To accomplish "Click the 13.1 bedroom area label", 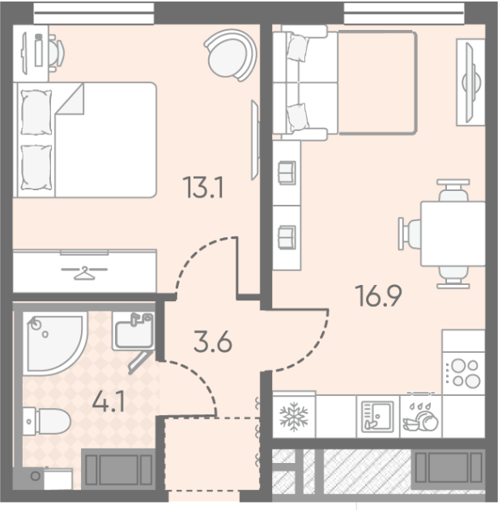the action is [203, 187].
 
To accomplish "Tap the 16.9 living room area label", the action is [378, 295].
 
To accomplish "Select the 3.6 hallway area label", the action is [213, 342].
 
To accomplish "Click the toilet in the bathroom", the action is [46, 421].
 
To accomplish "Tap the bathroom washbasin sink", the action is [134, 331].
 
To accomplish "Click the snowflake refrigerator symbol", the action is [294, 417].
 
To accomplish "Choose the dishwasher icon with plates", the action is [421, 417].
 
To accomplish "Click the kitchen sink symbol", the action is [377, 417].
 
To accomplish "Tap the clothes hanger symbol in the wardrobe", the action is [84, 273].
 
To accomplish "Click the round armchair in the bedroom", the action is [231, 55].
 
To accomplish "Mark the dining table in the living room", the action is [453, 233].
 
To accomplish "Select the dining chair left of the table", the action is [410, 234].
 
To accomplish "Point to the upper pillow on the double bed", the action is [36, 113].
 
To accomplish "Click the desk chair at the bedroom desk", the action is [57, 52].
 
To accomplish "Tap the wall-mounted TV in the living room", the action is [470, 83].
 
